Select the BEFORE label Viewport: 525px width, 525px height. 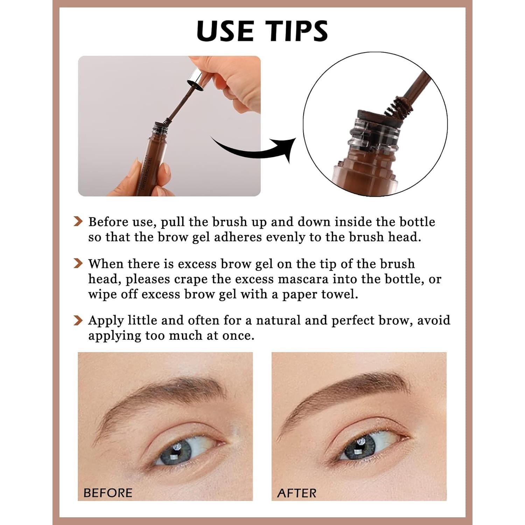click(x=108, y=493)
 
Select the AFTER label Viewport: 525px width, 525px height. click(x=297, y=493)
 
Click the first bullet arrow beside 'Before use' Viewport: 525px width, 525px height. click(x=78, y=222)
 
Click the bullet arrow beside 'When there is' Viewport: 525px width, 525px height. click(x=78, y=264)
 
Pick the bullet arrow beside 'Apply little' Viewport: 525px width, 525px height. click(x=78, y=320)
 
